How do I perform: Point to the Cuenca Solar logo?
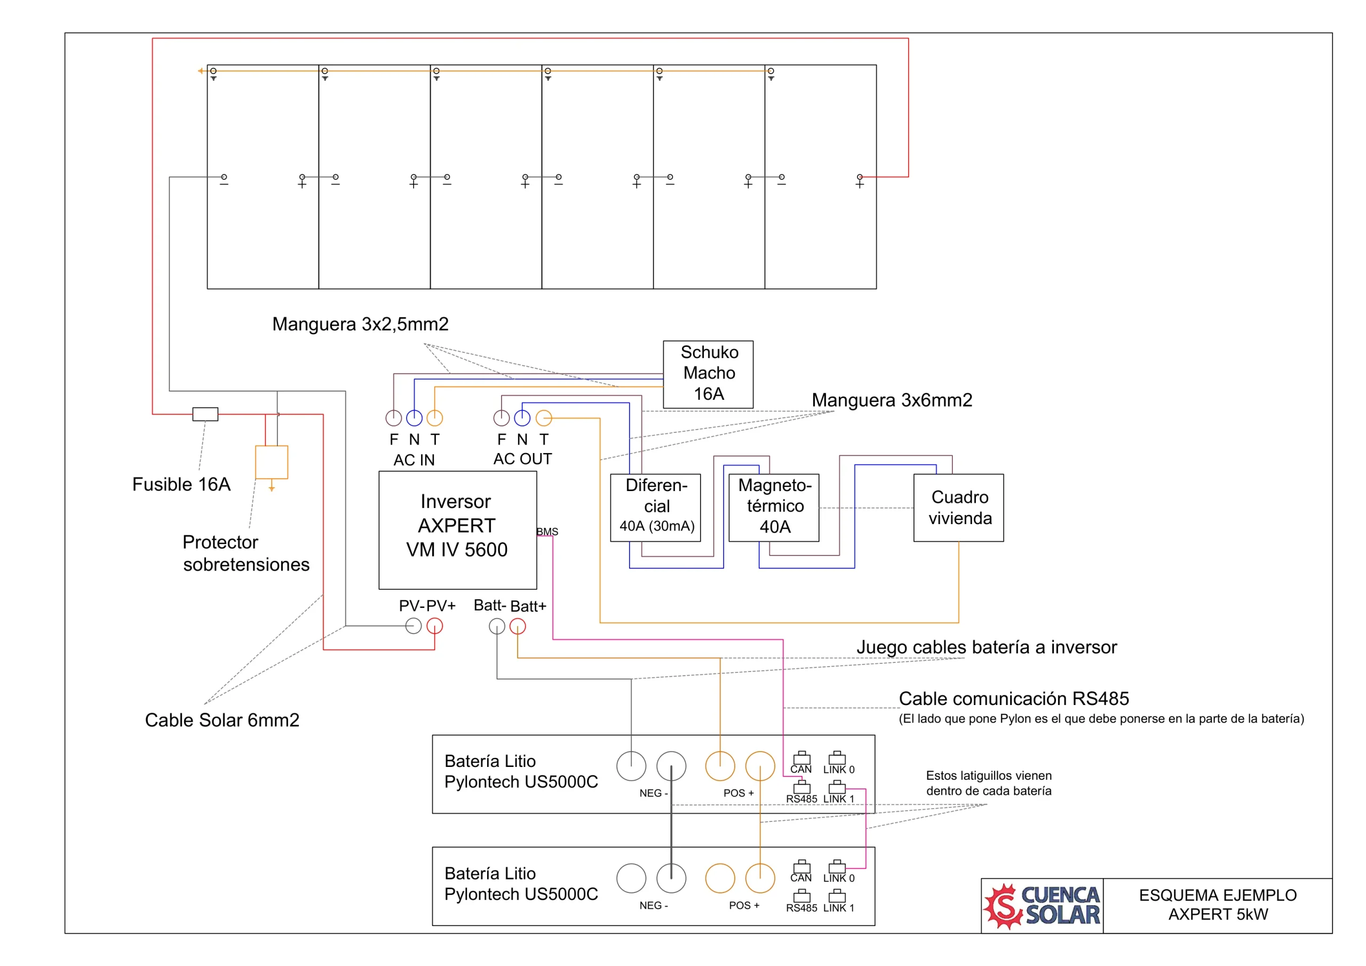(1042, 906)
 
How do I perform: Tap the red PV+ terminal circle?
(435, 625)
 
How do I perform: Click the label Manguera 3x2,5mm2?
(361, 324)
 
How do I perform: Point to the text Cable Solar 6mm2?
(222, 720)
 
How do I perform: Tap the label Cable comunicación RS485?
(1014, 698)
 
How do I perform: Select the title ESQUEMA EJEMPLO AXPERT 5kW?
(1218, 905)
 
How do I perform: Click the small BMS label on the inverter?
(547, 532)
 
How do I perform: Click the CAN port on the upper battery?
(801, 758)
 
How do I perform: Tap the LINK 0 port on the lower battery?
(837, 867)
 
